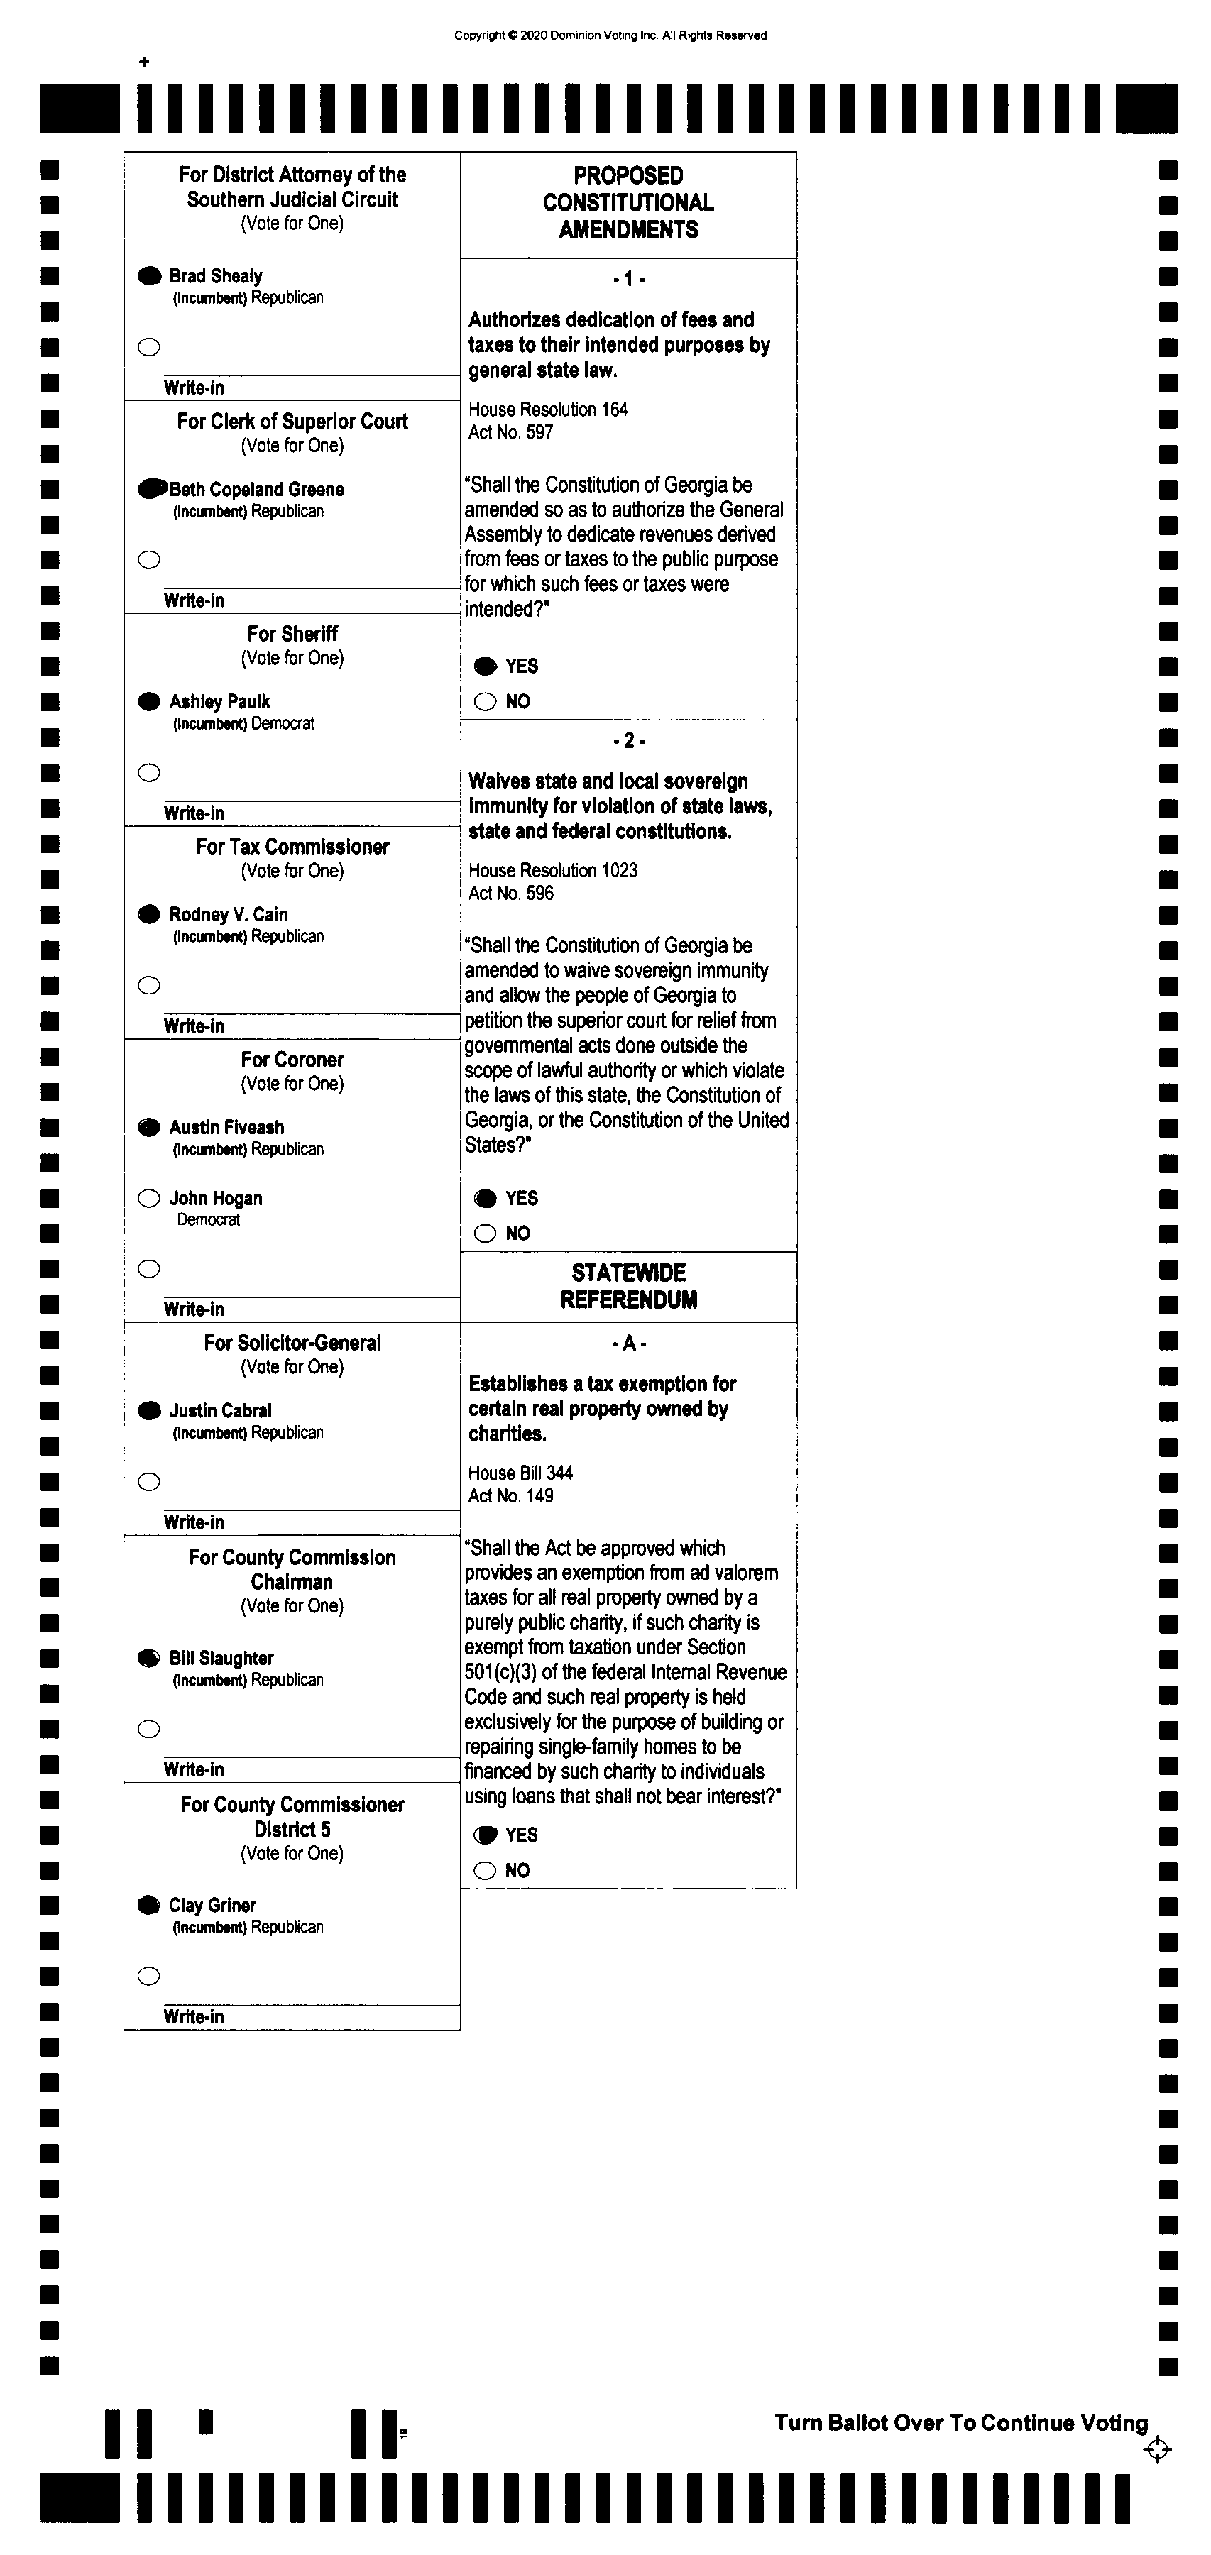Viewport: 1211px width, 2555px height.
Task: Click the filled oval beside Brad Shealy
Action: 150,276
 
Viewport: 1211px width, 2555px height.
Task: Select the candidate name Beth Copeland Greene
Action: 257,489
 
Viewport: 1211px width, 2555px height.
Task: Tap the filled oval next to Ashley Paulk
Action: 150,701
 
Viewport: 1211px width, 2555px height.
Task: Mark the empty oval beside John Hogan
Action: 150,1198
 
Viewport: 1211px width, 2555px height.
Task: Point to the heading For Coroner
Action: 292,1060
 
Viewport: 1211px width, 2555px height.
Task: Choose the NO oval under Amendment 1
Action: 485,702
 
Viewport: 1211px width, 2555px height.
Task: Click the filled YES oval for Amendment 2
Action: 485,1198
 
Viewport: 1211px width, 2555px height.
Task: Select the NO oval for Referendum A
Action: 485,1871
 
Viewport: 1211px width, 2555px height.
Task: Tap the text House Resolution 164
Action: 547,410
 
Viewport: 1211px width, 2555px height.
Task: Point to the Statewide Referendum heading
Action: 629,1287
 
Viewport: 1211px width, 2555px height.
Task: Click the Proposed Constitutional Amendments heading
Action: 629,202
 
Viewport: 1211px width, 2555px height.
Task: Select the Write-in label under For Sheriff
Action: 193,813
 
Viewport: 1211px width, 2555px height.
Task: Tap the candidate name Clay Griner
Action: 212,1906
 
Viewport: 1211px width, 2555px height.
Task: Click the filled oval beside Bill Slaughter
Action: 150,1657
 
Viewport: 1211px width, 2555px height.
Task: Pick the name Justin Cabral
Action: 220,1410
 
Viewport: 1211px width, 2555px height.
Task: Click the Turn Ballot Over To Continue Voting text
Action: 961,2423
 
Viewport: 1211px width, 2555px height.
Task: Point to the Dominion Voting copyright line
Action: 610,35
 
